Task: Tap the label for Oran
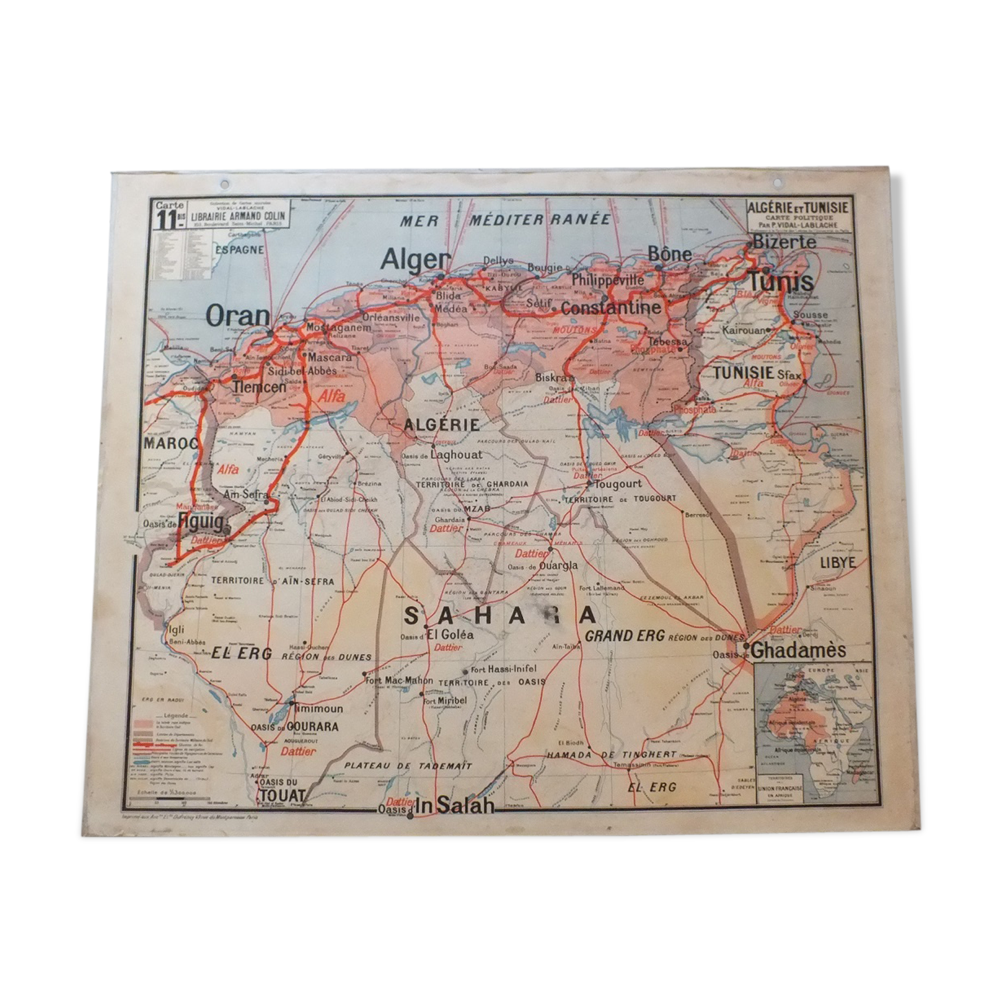[x=238, y=316]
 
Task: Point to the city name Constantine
[x=611, y=308]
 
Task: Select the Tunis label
[x=780, y=281]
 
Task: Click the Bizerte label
[x=784, y=242]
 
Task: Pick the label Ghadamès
[x=798, y=650]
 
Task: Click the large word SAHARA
[x=499, y=614]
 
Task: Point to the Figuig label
[x=200, y=523]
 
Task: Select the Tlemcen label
[x=259, y=387]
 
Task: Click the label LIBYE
[x=838, y=562]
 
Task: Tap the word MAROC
[x=171, y=444]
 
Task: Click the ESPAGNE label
[x=239, y=250]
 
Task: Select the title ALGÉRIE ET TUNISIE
[x=798, y=208]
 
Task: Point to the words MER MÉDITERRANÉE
[x=505, y=219]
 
